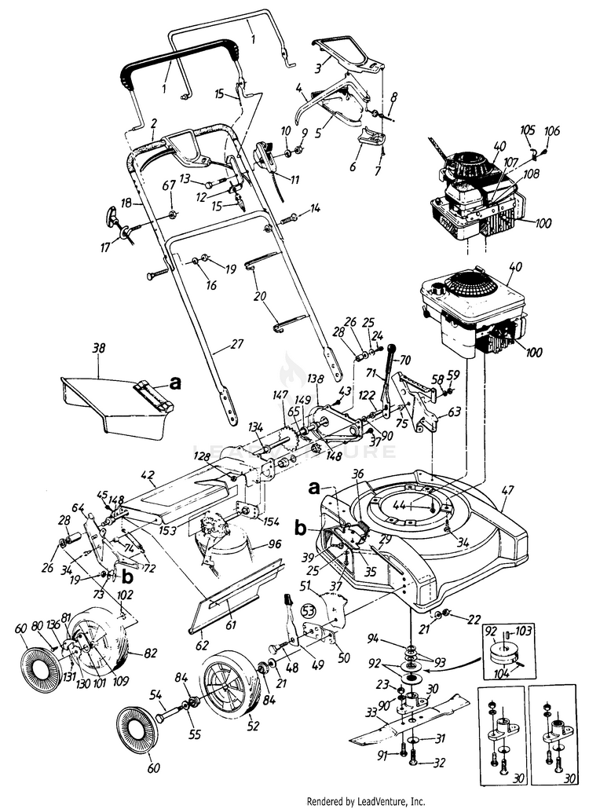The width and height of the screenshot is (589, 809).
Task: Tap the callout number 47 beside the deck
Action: [x=508, y=489]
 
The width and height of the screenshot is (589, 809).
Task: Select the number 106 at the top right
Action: [x=553, y=130]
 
